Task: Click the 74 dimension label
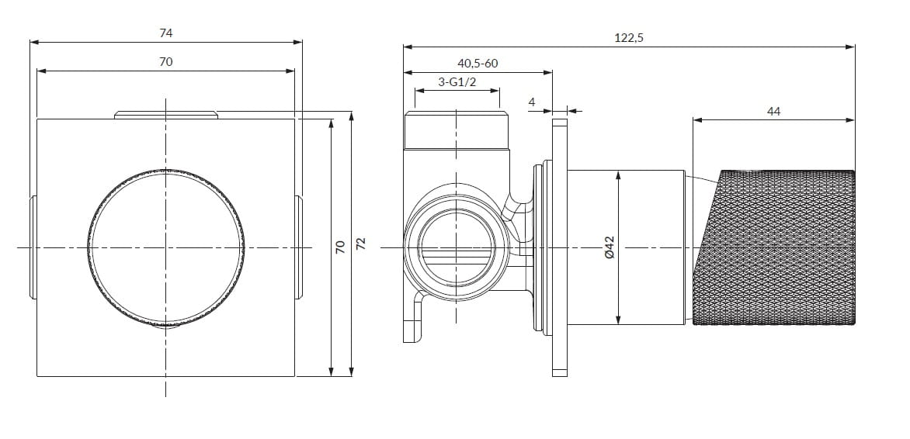tap(166, 33)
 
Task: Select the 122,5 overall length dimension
tap(629, 38)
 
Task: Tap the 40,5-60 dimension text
tap(478, 63)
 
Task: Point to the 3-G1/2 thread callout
tap(457, 81)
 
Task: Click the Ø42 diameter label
tap(609, 247)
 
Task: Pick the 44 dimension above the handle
tap(773, 112)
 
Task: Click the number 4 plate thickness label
tap(532, 102)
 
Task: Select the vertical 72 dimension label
tap(361, 244)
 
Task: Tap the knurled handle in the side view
tap(773, 247)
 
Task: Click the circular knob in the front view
tap(166, 247)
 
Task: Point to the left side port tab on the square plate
tap(33, 247)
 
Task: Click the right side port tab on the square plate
tap(299, 247)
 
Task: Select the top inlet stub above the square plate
tap(166, 115)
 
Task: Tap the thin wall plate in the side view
tap(560, 247)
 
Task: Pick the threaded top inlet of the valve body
tap(457, 130)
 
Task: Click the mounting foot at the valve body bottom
tap(414, 317)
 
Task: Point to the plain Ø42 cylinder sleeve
tap(626, 247)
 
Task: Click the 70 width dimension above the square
tap(166, 61)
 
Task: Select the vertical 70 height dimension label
tap(340, 247)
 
